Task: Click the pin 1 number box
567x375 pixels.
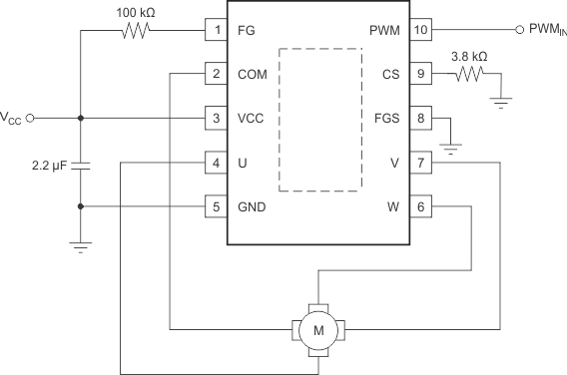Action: pyautogui.click(x=217, y=30)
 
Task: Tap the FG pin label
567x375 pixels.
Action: pyautogui.click(x=247, y=30)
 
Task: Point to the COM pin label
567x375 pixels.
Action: pyautogui.click(x=254, y=74)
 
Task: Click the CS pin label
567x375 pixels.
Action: pyautogui.click(x=390, y=74)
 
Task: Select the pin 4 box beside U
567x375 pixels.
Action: pyautogui.click(x=217, y=163)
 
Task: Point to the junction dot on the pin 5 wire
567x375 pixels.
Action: pyautogui.click(x=80, y=206)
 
